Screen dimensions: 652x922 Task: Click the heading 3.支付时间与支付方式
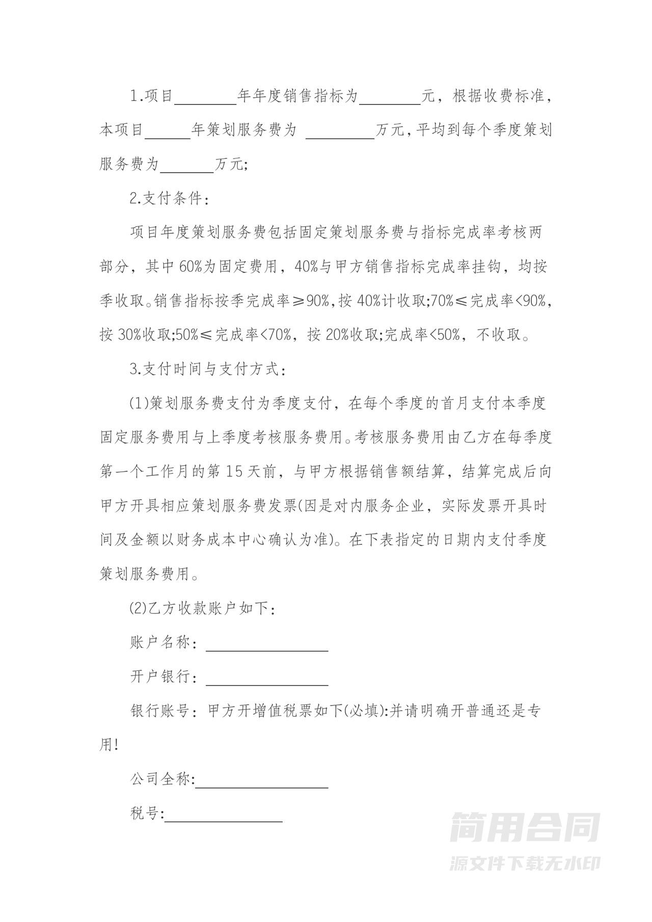tap(208, 370)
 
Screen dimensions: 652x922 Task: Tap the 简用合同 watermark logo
tap(525, 827)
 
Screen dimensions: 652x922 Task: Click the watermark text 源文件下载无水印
tap(525, 863)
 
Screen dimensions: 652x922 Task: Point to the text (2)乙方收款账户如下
tap(203, 609)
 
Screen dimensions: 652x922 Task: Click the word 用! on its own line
tap(108, 745)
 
